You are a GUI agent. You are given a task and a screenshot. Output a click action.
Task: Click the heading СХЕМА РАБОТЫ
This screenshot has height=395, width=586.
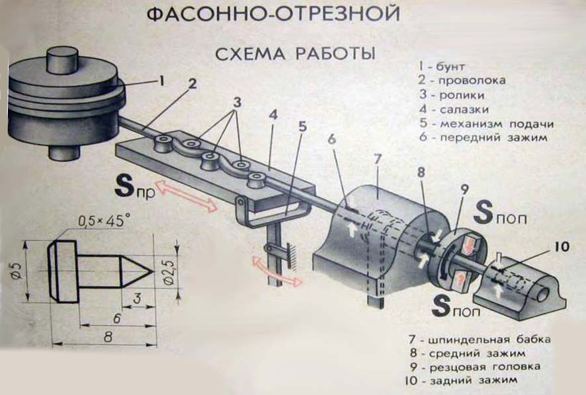[x=295, y=54]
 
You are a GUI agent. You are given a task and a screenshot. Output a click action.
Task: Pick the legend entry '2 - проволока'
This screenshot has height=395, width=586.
[x=461, y=81]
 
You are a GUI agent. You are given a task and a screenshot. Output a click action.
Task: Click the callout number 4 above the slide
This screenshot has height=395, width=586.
[x=272, y=114]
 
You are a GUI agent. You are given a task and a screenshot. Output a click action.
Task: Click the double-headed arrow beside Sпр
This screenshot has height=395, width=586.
[x=187, y=196]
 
